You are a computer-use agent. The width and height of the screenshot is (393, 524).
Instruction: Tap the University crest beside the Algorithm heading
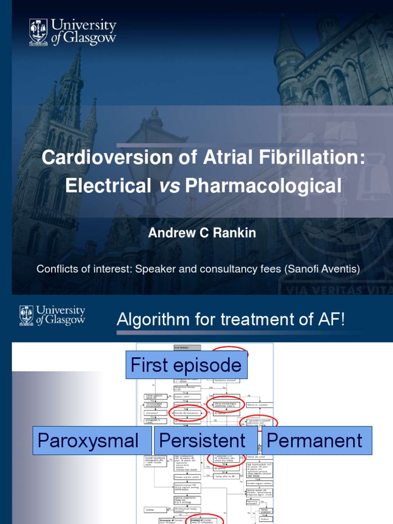click(x=27, y=315)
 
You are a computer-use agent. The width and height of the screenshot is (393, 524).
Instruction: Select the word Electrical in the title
click(x=107, y=186)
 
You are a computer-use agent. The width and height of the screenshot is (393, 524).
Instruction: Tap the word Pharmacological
click(x=263, y=186)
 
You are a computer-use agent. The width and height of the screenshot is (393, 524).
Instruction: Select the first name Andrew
click(x=168, y=233)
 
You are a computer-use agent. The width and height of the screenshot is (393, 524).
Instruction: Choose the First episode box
click(x=186, y=365)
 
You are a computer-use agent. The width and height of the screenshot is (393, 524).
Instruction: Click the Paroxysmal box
click(x=88, y=440)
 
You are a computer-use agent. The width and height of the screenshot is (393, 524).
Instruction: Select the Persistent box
click(x=203, y=440)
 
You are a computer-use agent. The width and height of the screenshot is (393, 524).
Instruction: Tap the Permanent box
click(x=315, y=440)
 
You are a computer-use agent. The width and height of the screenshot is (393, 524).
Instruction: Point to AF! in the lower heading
click(x=332, y=320)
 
